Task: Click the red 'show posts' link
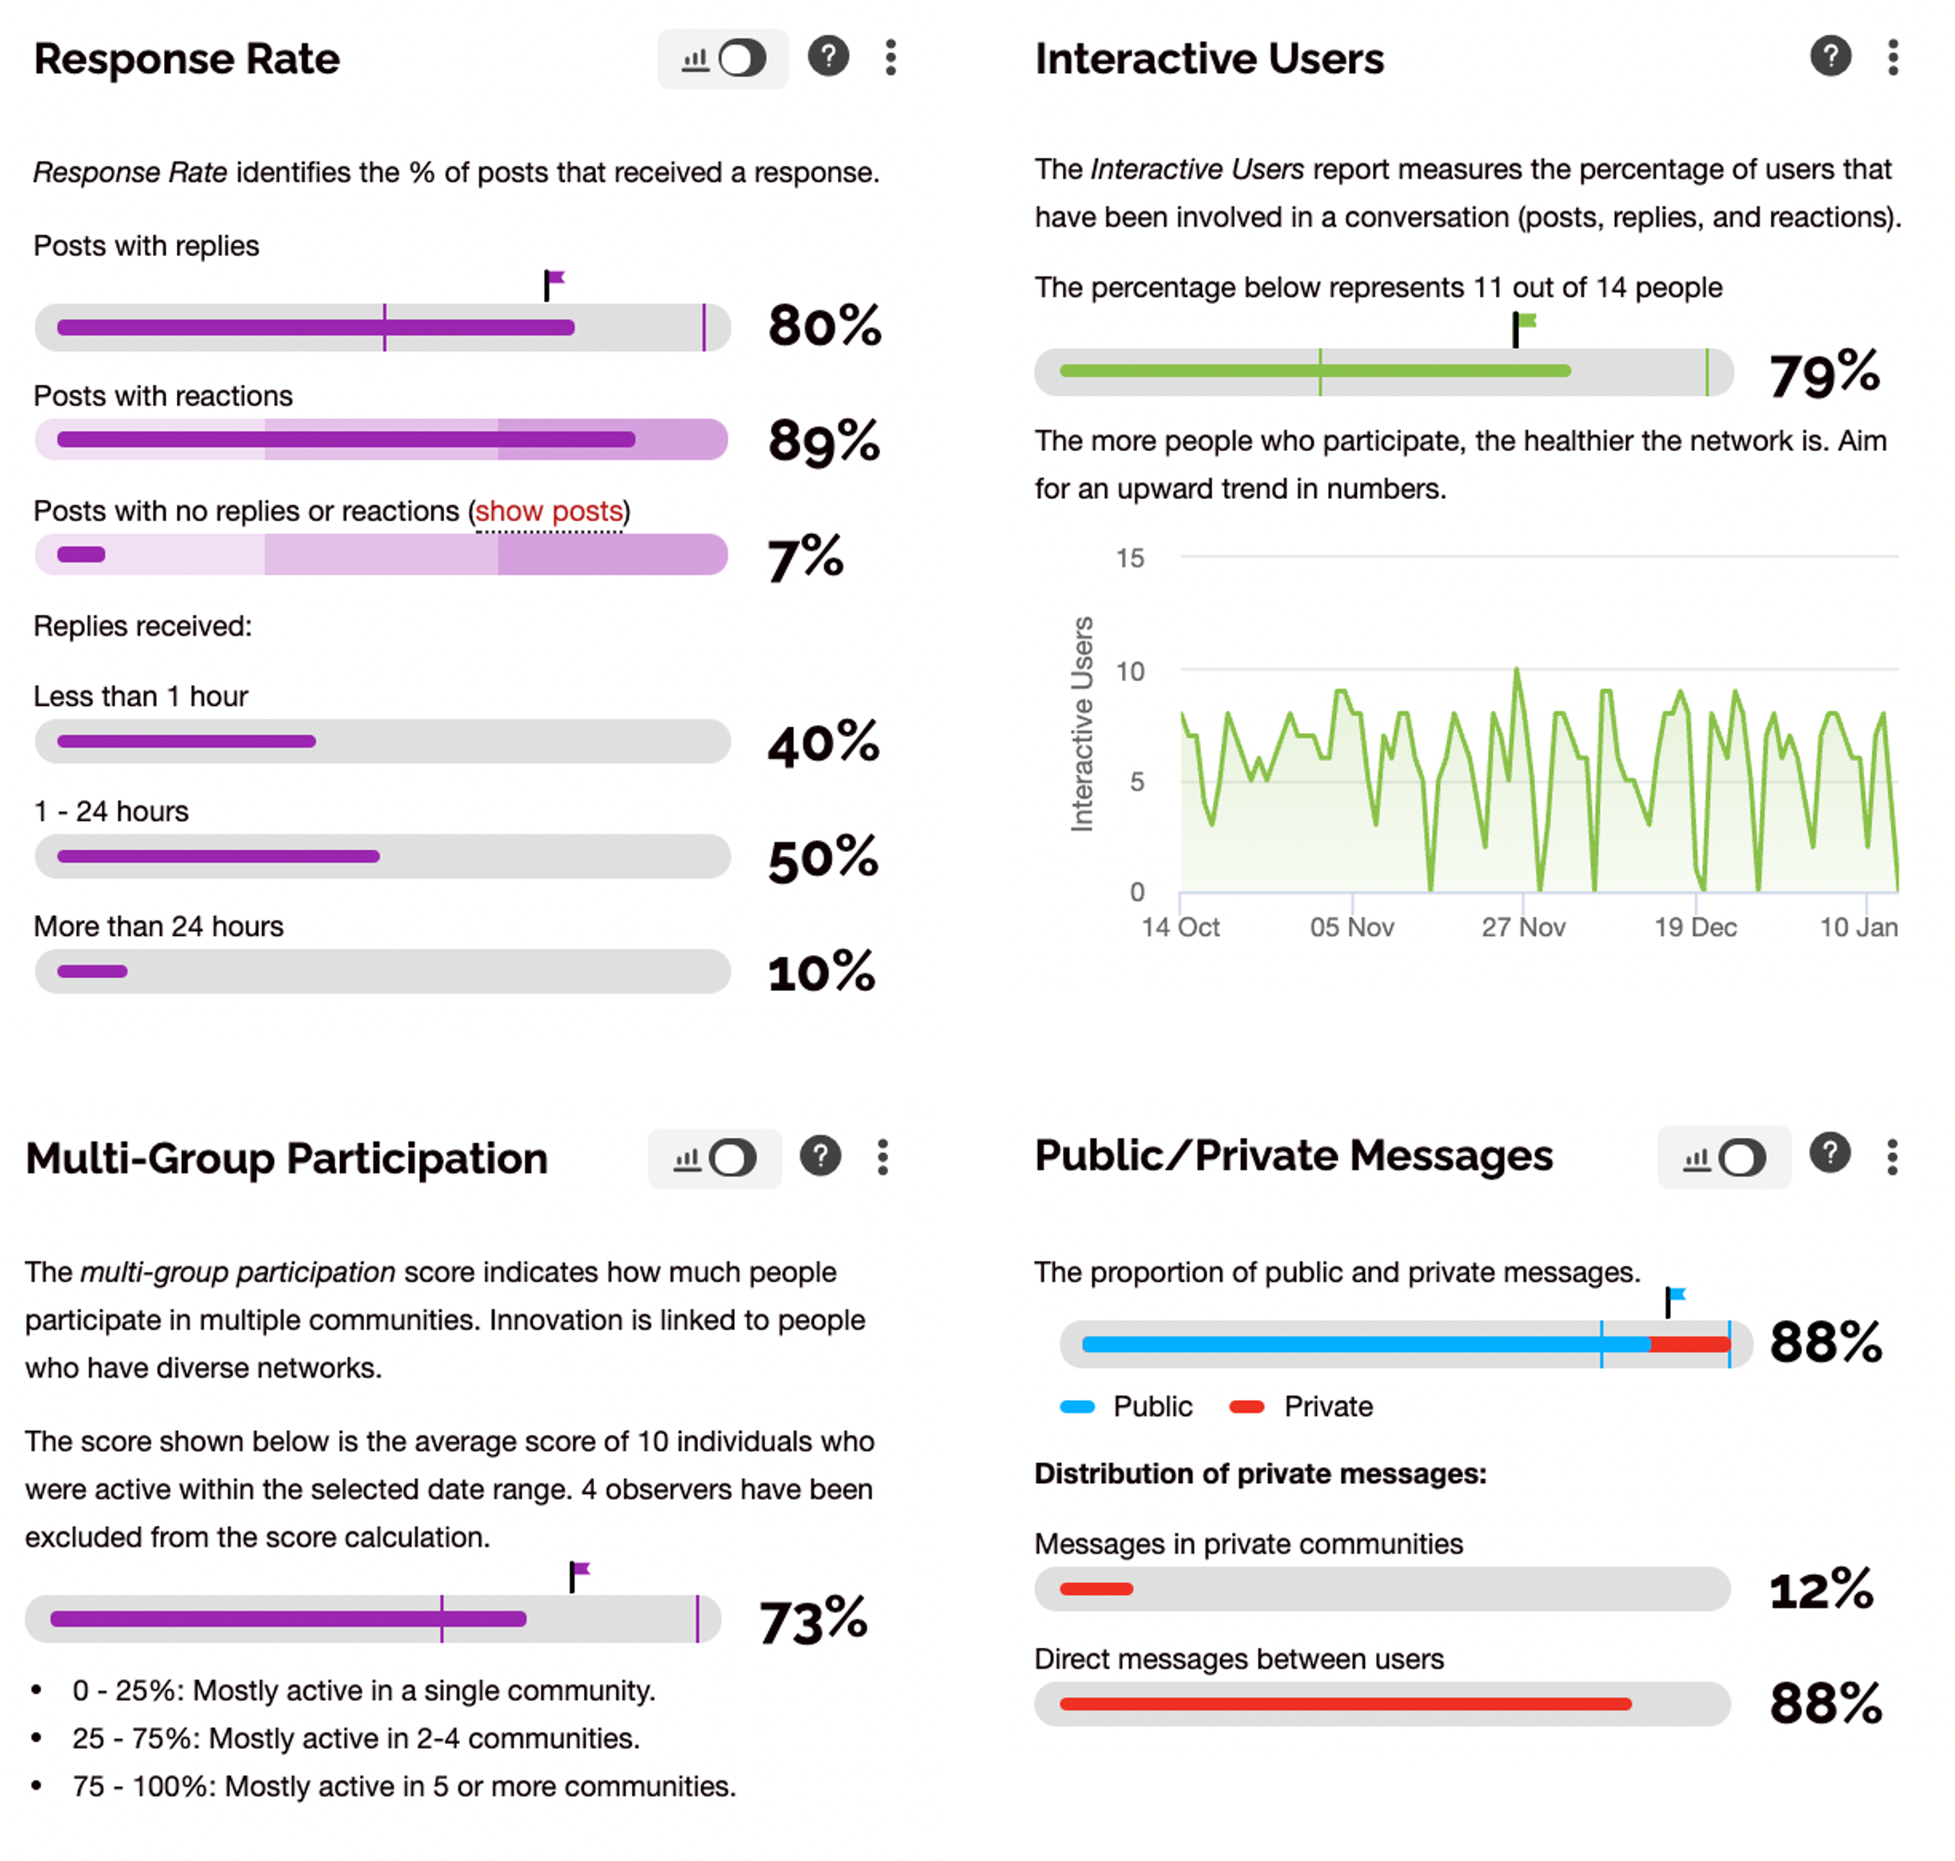click(549, 511)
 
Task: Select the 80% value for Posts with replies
click(823, 325)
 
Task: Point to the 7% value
click(804, 556)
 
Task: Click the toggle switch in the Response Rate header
click(742, 58)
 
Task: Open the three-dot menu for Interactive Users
click(1892, 58)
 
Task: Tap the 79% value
click(1823, 374)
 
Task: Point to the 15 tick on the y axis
click(1130, 558)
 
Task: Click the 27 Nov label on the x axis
click(1522, 927)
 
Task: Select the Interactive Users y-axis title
click(1082, 724)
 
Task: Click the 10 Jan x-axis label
click(1858, 927)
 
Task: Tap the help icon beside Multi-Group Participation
click(820, 1156)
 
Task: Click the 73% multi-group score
click(812, 1620)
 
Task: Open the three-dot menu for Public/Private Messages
click(1891, 1157)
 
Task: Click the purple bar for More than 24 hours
click(92, 971)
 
